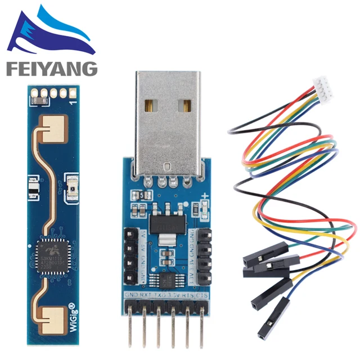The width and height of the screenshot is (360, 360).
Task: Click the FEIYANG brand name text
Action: [51, 69]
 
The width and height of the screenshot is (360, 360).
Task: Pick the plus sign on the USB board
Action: [206, 197]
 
